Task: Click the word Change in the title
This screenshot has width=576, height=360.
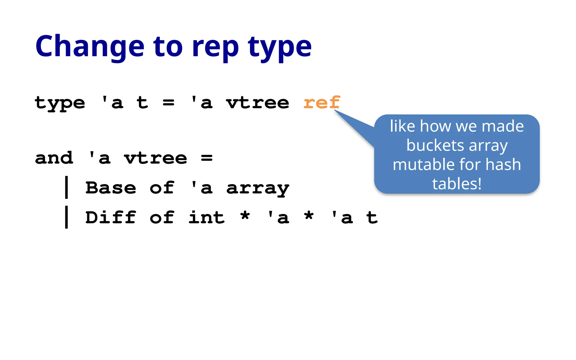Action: [89, 46]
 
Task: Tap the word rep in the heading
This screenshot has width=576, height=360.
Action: [215, 48]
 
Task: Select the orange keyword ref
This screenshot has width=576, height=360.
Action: [322, 102]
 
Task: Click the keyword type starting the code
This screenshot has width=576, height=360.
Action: [60, 103]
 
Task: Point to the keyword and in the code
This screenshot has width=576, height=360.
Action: [54, 158]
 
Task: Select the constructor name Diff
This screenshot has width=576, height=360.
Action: [111, 217]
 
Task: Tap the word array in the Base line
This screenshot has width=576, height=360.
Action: [258, 188]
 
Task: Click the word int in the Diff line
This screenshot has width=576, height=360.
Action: [206, 217]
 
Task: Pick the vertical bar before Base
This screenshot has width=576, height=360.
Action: [66, 187]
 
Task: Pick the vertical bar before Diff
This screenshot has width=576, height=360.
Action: [66, 217]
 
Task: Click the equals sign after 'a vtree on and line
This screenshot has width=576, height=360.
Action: [207, 158]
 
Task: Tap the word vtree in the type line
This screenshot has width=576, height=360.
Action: [258, 103]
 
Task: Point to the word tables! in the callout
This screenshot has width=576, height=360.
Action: [457, 184]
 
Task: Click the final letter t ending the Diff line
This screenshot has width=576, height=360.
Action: [372, 217]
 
